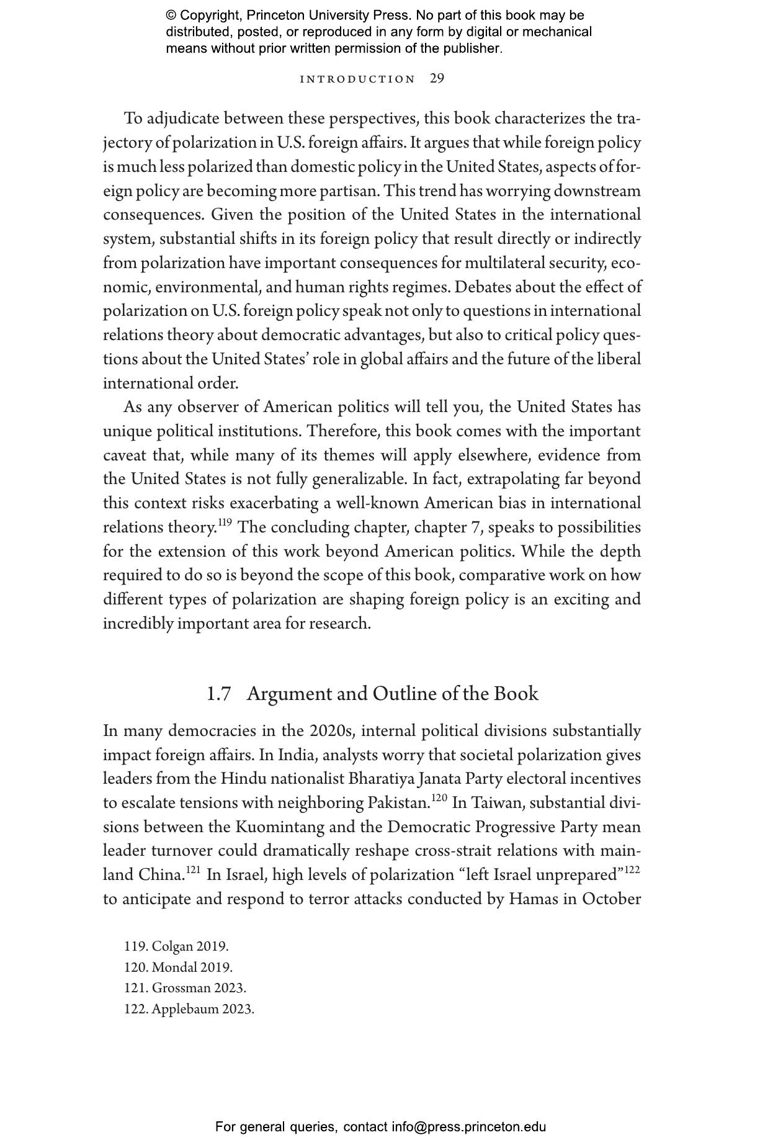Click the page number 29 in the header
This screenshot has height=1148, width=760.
click(x=437, y=79)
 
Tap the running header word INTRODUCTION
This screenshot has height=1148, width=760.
click(x=357, y=79)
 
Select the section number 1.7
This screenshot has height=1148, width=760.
click(x=218, y=694)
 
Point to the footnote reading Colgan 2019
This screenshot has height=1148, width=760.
click(x=176, y=946)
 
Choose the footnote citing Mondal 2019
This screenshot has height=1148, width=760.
click(x=178, y=967)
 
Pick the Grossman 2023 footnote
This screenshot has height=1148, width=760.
click(x=185, y=987)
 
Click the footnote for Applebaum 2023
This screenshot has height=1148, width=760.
click(x=189, y=1008)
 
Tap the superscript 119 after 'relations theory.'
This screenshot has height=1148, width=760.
click(x=225, y=522)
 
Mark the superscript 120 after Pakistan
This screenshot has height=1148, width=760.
click(x=439, y=798)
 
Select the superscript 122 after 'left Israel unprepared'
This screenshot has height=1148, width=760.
click(x=632, y=870)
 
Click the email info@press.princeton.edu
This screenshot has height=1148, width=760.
click(x=468, y=1127)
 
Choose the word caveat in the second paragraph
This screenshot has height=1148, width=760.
click(x=124, y=455)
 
